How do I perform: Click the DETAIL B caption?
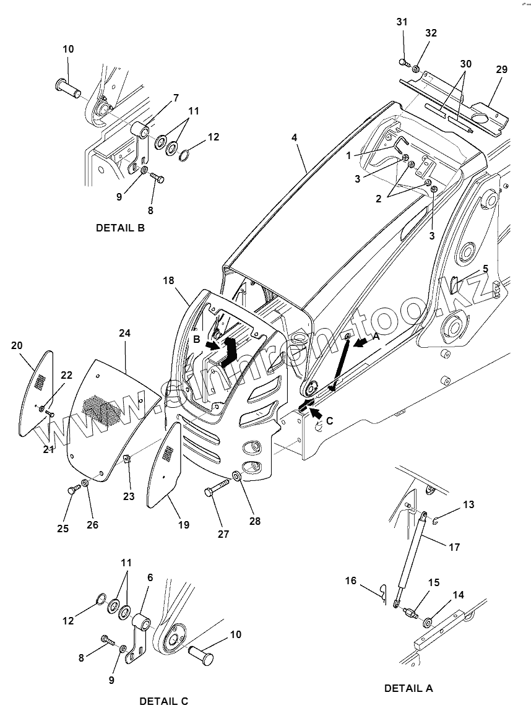[x=120, y=228]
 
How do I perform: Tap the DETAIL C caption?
[x=163, y=701]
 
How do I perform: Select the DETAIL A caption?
[x=408, y=688]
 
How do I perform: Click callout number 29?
[x=501, y=69]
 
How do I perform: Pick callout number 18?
[x=168, y=280]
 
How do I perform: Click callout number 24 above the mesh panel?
[x=125, y=333]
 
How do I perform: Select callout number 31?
[x=402, y=22]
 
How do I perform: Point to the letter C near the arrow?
[x=329, y=421]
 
